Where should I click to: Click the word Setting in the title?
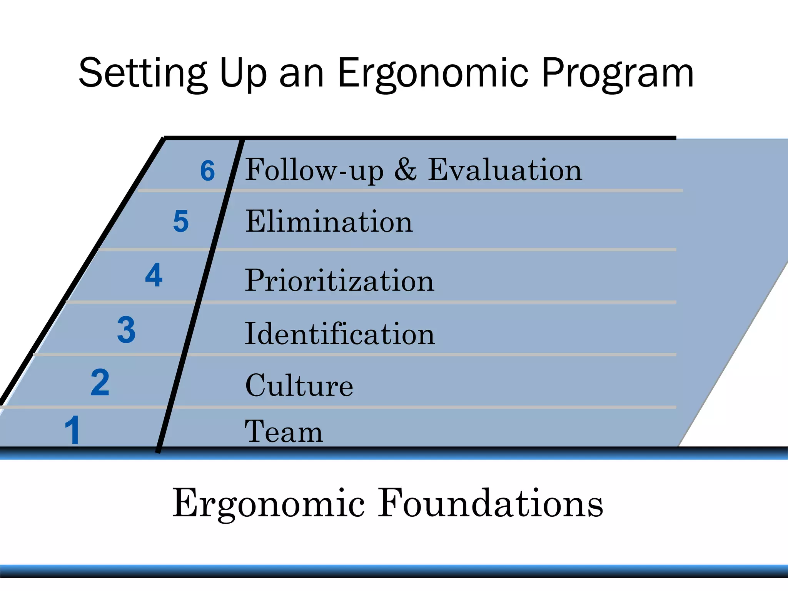tap(142, 73)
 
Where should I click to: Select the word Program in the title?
tap(618, 73)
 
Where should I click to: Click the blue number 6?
tap(207, 170)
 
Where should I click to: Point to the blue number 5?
tap(181, 221)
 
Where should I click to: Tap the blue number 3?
tap(127, 329)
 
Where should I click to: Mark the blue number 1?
tap(72, 430)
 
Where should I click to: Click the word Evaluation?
tap(505, 170)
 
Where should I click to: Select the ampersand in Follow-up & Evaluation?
tap(406, 170)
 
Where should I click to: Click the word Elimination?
tap(329, 222)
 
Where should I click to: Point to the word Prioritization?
tap(340, 280)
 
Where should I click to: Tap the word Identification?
tap(340, 334)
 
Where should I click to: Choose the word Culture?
tap(299, 386)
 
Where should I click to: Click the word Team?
tap(284, 432)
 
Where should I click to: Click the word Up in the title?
tap(242, 73)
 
